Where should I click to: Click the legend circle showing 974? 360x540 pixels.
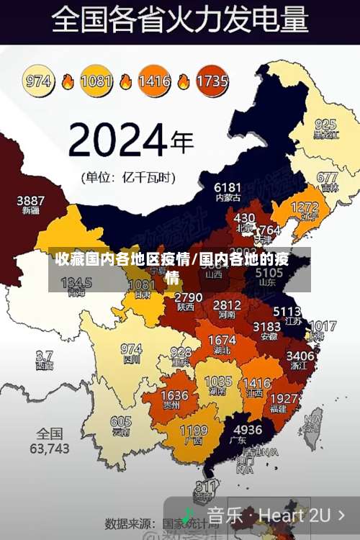click(39, 81)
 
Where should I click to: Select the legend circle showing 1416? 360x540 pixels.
click(153, 81)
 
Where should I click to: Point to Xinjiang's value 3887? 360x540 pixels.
click(31, 200)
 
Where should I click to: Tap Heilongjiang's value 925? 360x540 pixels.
click(325, 124)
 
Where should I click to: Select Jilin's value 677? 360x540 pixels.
click(327, 177)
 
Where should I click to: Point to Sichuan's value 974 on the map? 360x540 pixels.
click(131, 349)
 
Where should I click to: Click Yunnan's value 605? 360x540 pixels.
click(121, 422)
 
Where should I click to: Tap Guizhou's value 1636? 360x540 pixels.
click(174, 396)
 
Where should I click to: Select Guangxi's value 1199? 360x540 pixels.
click(193, 431)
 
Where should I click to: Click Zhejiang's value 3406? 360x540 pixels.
click(300, 356)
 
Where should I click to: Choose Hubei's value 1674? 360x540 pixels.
click(222, 340)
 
